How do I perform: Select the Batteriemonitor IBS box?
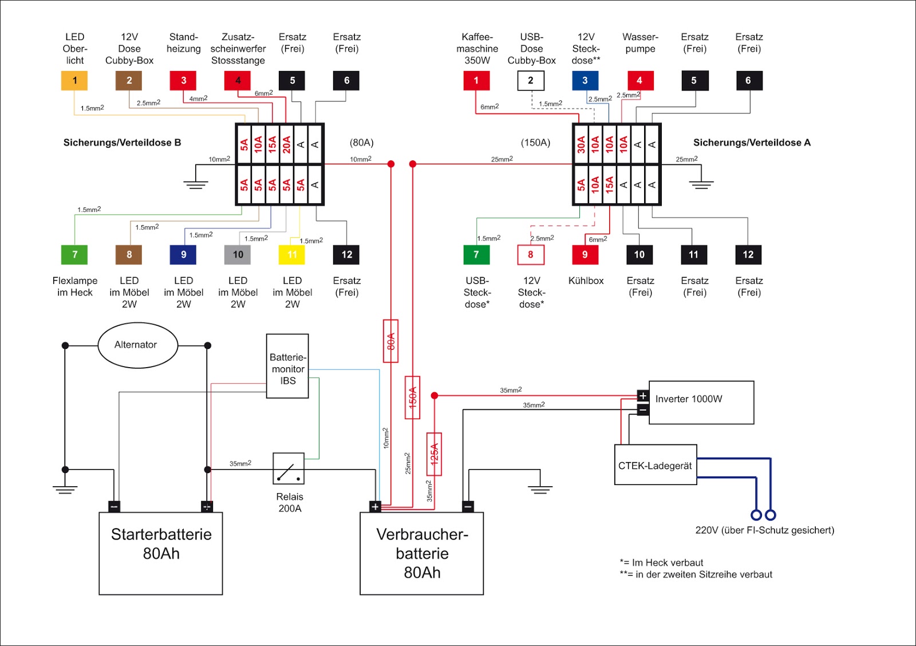(x=287, y=366)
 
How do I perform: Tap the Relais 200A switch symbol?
(x=289, y=469)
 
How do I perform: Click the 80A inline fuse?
(x=390, y=341)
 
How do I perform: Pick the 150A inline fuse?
(x=412, y=397)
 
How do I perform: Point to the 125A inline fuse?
(x=434, y=454)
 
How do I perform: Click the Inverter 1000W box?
(x=701, y=402)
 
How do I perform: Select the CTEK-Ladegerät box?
(x=656, y=465)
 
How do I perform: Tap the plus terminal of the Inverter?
(x=643, y=396)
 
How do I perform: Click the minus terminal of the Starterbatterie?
(x=114, y=507)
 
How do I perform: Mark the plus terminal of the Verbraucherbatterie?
(x=375, y=507)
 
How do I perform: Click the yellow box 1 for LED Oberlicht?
(x=74, y=81)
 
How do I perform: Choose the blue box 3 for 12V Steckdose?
(x=585, y=81)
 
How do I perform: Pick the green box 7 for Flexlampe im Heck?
(x=74, y=255)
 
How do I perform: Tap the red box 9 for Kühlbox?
(x=585, y=255)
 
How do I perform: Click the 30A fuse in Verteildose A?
(x=581, y=144)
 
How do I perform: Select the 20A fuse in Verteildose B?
(x=286, y=144)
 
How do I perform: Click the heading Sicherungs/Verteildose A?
(x=752, y=143)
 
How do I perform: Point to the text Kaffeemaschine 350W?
(x=477, y=49)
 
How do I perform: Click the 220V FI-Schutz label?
(x=764, y=530)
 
